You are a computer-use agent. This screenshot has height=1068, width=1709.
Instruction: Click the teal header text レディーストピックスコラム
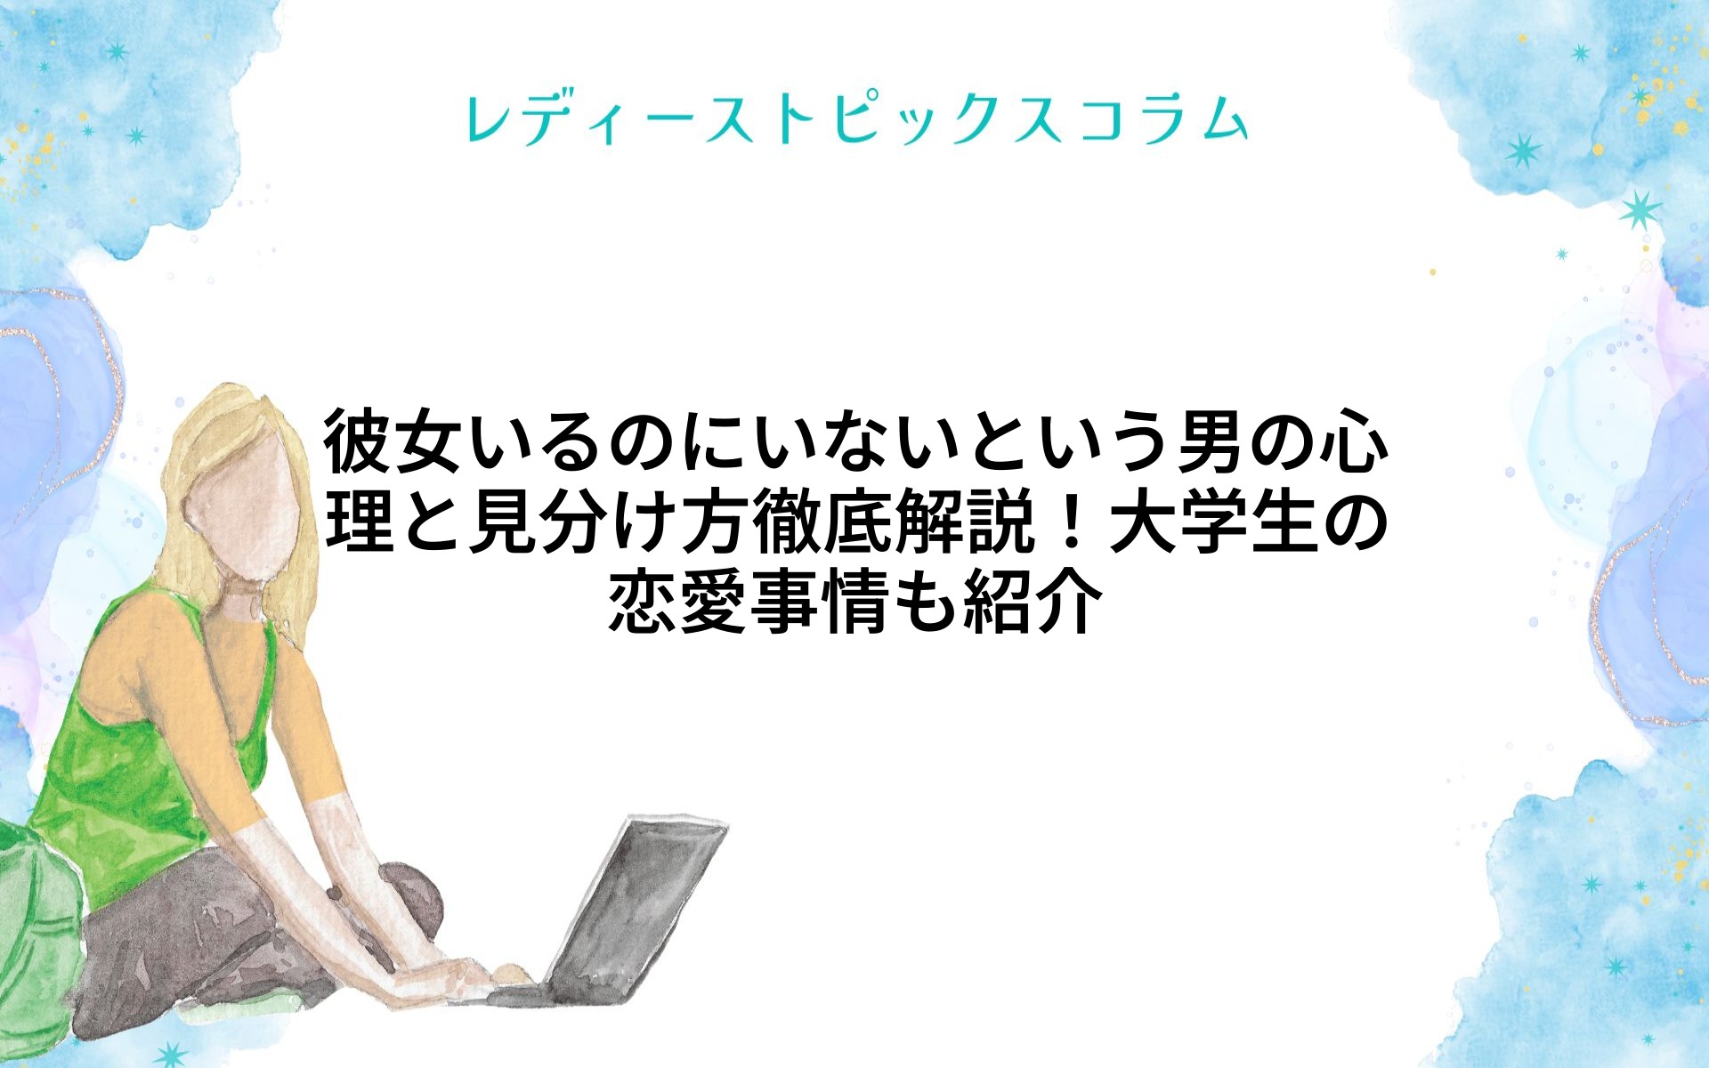855,120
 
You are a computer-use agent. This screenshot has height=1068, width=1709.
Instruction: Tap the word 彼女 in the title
393,441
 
